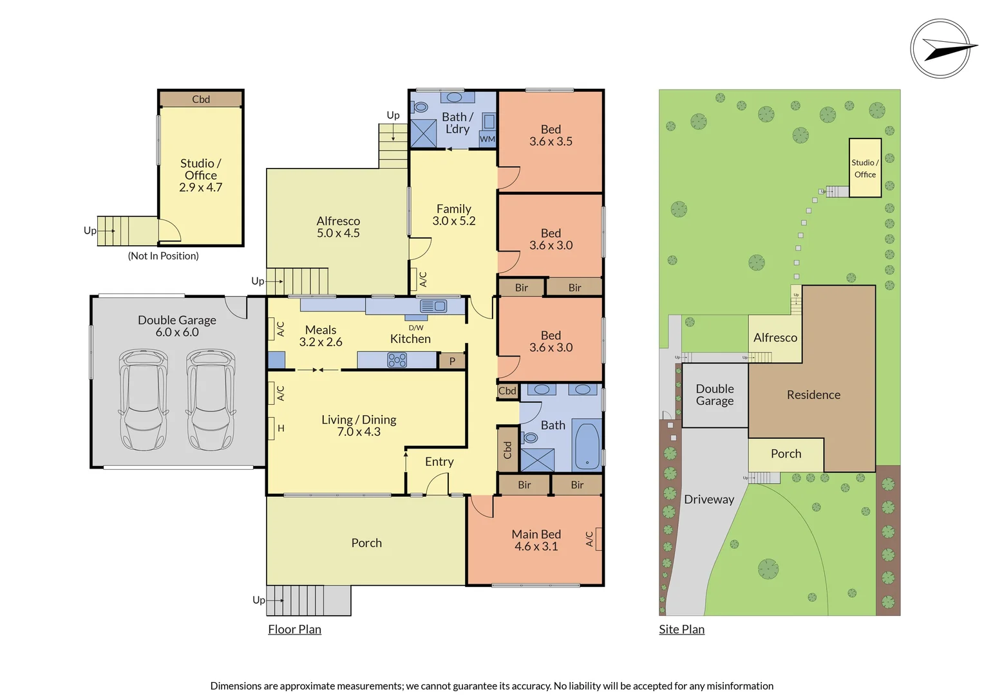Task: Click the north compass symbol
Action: tap(941, 49)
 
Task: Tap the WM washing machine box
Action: tap(487, 139)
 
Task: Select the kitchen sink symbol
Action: tap(433, 306)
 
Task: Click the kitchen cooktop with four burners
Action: tap(397, 360)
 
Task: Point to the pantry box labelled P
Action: tap(452, 361)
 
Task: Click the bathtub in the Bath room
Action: tap(587, 445)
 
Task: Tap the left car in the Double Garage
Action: tap(143, 400)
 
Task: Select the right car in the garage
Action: tap(211, 400)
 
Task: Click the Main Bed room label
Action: tap(536, 540)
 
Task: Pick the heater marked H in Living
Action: tap(272, 428)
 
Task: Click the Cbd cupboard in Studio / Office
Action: tap(201, 99)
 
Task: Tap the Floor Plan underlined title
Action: tap(294, 629)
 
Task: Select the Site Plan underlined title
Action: tap(681, 629)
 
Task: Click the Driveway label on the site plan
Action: tap(709, 499)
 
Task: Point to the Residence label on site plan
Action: tap(813, 395)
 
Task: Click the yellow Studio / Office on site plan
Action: tap(865, 168)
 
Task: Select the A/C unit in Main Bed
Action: tap(598, 539)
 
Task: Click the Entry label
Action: tap(439, 462)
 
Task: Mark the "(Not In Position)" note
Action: tap(163, 256)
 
